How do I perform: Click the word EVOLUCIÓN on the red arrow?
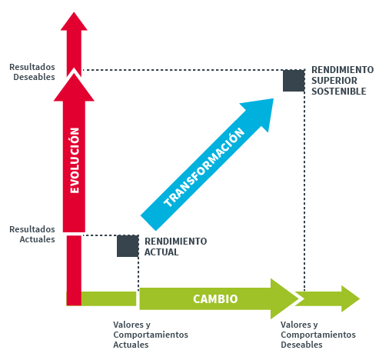(75, 161)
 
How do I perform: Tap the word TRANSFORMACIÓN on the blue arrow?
(204, 167)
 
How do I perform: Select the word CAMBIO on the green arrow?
(215, 299)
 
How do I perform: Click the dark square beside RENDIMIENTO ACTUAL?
(128, 246)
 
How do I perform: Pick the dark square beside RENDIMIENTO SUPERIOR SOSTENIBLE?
(294, 81)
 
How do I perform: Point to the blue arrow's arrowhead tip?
(274, 98)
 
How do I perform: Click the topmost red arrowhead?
(74, 22)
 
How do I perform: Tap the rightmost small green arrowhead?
(351, 298)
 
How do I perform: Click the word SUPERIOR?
(334, 81)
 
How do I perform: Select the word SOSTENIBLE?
(339, 92)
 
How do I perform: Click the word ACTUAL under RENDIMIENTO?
(161, 252)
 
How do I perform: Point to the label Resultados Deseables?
(32, 72)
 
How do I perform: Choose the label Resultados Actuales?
(32, 234)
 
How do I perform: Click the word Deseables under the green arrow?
(301, 345)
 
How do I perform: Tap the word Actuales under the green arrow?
(131, 345)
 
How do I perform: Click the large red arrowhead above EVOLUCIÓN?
(74, 88)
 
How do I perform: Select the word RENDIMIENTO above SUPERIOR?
(342, 70)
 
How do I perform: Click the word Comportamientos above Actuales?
(151, 335)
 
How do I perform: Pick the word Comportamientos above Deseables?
(318, 335)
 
